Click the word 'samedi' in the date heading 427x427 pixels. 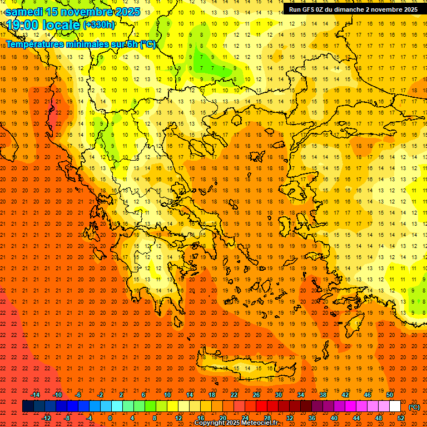click(x=24, y=11)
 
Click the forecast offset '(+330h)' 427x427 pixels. click(x=99, y=25)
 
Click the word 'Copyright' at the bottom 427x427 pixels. click(x=210, y=423)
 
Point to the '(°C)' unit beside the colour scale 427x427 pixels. click(x=414, y=407)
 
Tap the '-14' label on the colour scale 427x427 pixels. click(x=35, y=395)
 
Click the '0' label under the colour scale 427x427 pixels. click(x=110, y=418)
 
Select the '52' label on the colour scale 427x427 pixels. click(x=401, y=418)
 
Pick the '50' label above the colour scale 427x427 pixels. click(x=390, y=395)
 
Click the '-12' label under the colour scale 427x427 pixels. click(x=46, y=418)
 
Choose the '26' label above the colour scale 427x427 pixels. click(x=256, y=395)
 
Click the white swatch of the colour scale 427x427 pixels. click(x=395, y=406)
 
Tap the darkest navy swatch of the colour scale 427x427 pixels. click(x=28, y=406)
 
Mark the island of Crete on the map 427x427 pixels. click(x=245, y=368)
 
